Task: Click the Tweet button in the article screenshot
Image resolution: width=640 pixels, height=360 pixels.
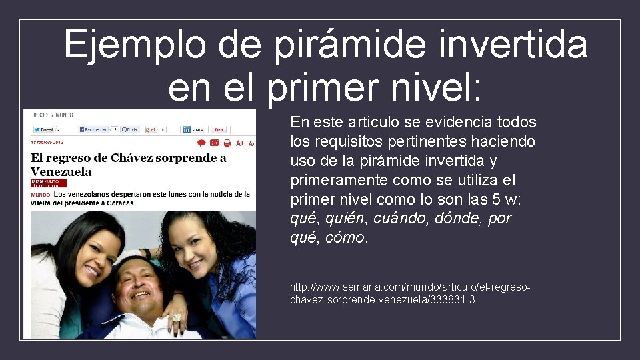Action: coord(44,129)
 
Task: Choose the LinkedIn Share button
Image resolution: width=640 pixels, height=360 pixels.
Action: coord(193,129)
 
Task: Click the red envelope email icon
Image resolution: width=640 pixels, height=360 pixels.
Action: coord(214,143)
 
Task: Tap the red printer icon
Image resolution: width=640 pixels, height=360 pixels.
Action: coord(227,143)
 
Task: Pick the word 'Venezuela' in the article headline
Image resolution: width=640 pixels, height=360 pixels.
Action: coord(61,171)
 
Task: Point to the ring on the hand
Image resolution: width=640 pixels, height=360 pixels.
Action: coord(177,317)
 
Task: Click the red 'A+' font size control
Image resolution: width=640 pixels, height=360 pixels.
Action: coord(240,143)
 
